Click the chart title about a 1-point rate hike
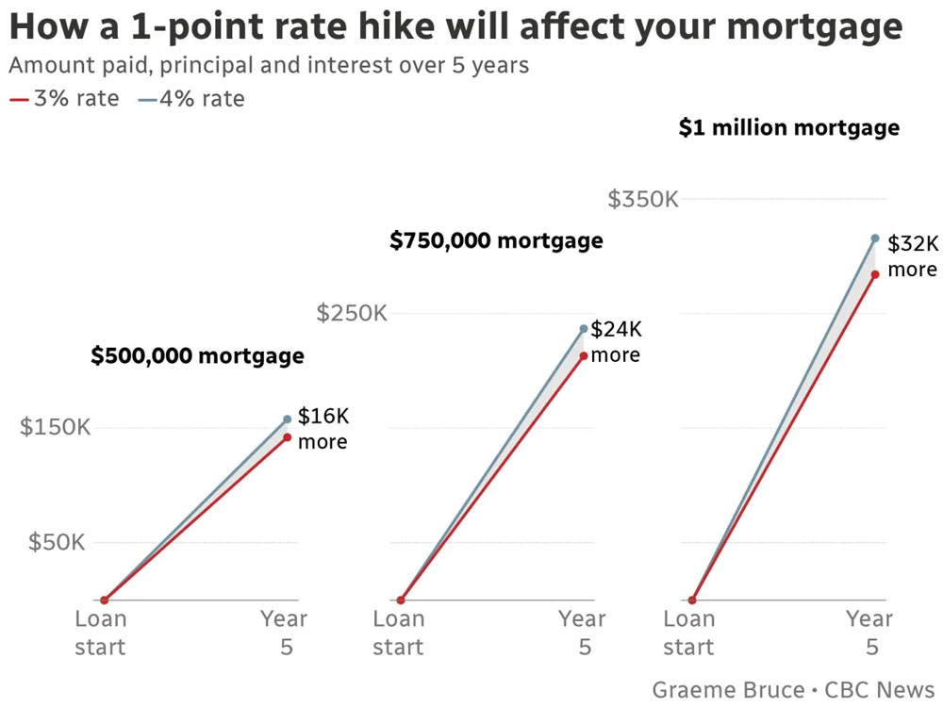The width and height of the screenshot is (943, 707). [x=455, y=26]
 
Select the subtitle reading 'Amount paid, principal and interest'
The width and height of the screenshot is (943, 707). [x=269, y=65]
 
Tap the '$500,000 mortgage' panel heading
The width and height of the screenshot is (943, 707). [x=197, y=355]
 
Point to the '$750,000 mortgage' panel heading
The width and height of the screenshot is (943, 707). [x=496, y=240]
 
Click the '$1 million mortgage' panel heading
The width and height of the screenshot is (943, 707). [x=788, y=127]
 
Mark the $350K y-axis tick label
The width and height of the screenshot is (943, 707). [x=643, y=200]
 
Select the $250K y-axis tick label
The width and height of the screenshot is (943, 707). [x=352, y=313]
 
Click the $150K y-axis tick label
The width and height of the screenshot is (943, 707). [x=56, y=427]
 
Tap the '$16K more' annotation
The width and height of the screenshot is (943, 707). [x=323, y=429]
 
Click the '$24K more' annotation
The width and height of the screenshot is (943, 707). [x=616, y=342]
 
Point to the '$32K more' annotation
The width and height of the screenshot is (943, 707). [x=913, y=256]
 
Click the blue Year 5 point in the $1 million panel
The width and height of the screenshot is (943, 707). [x=875, y=238]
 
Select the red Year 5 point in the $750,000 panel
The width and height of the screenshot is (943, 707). [x=584, y=355]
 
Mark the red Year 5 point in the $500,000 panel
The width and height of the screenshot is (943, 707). [x=287, y=437]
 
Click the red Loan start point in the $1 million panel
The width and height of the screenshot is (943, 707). [x=692, y=600]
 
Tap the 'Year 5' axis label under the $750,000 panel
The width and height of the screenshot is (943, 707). [x=582, y=633]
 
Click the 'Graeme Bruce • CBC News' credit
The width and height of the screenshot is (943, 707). [x=793, y=689]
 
